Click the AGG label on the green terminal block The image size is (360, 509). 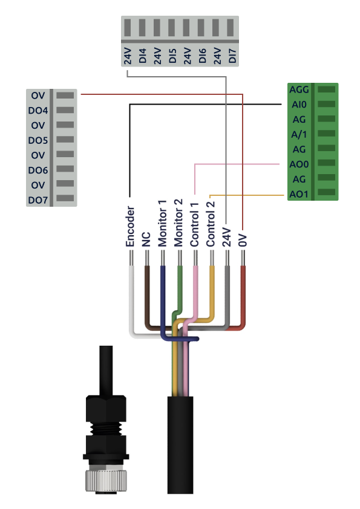[x=299, y=89]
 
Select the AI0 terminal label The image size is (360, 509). [x=299, y=105]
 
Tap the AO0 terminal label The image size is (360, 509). [x=299, y=164]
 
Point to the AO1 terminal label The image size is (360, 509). [x=299, y=194]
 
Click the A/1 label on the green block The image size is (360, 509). [x=299, y=134]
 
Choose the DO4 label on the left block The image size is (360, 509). [x=38, y=111]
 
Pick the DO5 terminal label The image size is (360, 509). [x=38, y=140]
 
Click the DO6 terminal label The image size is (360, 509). [x=38, y=170]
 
